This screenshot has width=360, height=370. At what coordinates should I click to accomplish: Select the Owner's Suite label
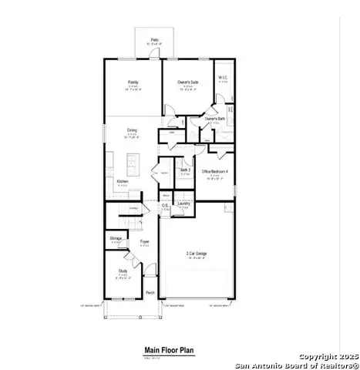pyautogui.click(x=187, y=80)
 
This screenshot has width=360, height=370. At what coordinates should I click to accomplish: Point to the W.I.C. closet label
pyautogui.click(x=222, y=77)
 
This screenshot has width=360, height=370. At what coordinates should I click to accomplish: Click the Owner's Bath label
pyautogui.click(x=215, y=118)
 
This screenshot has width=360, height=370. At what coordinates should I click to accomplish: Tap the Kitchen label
pyautogui.click(x=123, y=182)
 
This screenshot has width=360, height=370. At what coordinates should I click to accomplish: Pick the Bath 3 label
pyautogui.click(x=184, y=170)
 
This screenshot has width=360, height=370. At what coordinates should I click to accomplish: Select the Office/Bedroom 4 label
pyautogui.click(x=215, y=171)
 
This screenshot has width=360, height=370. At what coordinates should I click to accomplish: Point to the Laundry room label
pyautogui.click(x=183, y=203)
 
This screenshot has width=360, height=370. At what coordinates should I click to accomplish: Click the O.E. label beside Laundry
pyautogui.click(x=166, y=205)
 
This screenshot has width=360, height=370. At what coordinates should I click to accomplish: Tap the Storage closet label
pyautogui.click(x=116, y=239)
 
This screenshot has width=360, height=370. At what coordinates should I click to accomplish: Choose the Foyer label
pyautogui.click(x=144, y=242)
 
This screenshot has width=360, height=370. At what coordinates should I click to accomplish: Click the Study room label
pyautogui.click(x=123, y=271)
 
